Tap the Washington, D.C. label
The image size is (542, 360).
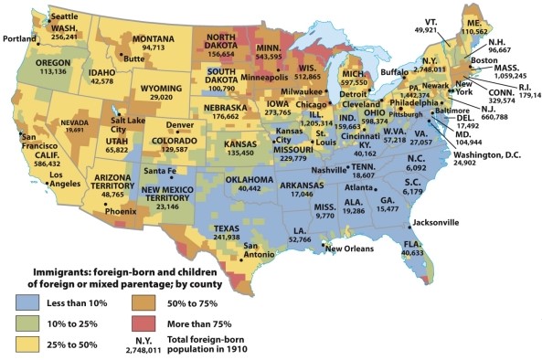tap(467, 154)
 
